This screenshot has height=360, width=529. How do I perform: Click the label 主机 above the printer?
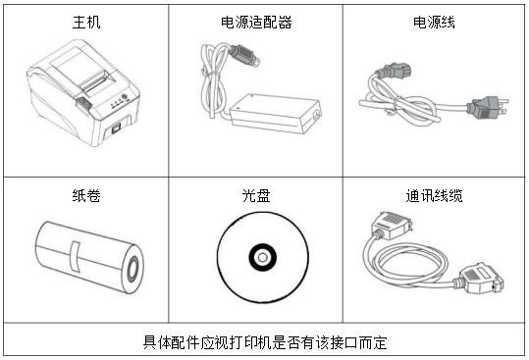click(86, 20)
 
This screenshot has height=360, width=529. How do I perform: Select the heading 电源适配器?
click(255, 20)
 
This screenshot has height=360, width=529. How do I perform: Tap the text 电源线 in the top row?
click(435, 20)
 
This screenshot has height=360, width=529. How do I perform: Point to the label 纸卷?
click(86, 195)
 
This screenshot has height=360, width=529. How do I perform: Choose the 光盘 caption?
click(256, 195)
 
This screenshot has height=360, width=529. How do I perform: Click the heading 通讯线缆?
click(435, 195)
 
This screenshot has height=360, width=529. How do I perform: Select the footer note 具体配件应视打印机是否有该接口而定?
click(264, 342)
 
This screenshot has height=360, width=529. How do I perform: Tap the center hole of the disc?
click(262, 258)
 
